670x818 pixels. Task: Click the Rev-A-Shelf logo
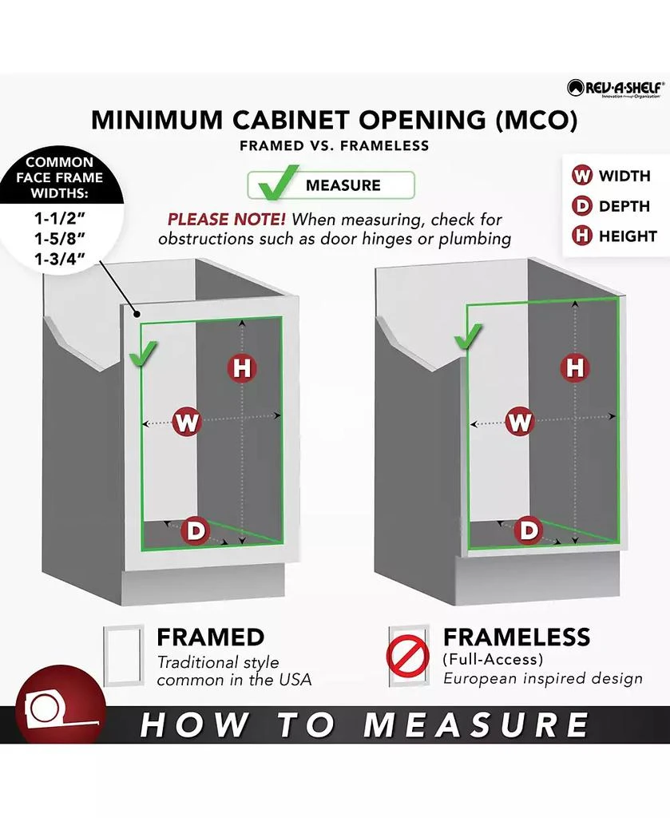coord(615,88)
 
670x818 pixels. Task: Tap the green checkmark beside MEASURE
coord(279,183)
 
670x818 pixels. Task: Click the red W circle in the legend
coord(581,175)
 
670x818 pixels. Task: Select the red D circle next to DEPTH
coord(581,205)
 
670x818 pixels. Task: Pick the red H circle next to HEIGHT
coord(581,236)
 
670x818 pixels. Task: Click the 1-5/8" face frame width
coord(59,238)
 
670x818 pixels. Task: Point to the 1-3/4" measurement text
coord(59,259)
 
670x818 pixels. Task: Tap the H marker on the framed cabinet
coord(242,367)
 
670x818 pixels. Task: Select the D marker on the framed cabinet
coord(195,530)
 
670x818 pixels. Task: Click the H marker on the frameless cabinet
coord(575,367)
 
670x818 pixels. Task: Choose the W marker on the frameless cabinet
coord(520,421)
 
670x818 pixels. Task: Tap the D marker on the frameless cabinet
coord(528,530)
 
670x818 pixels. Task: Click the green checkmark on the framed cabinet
coord(143,355)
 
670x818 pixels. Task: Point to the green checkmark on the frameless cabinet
coord(468,336)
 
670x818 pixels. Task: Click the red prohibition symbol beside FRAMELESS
coord(408,655)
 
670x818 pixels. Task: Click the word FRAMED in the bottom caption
coord(211,637)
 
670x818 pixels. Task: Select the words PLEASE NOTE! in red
coord(226,219)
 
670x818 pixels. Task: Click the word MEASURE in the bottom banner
coord(475,725)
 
